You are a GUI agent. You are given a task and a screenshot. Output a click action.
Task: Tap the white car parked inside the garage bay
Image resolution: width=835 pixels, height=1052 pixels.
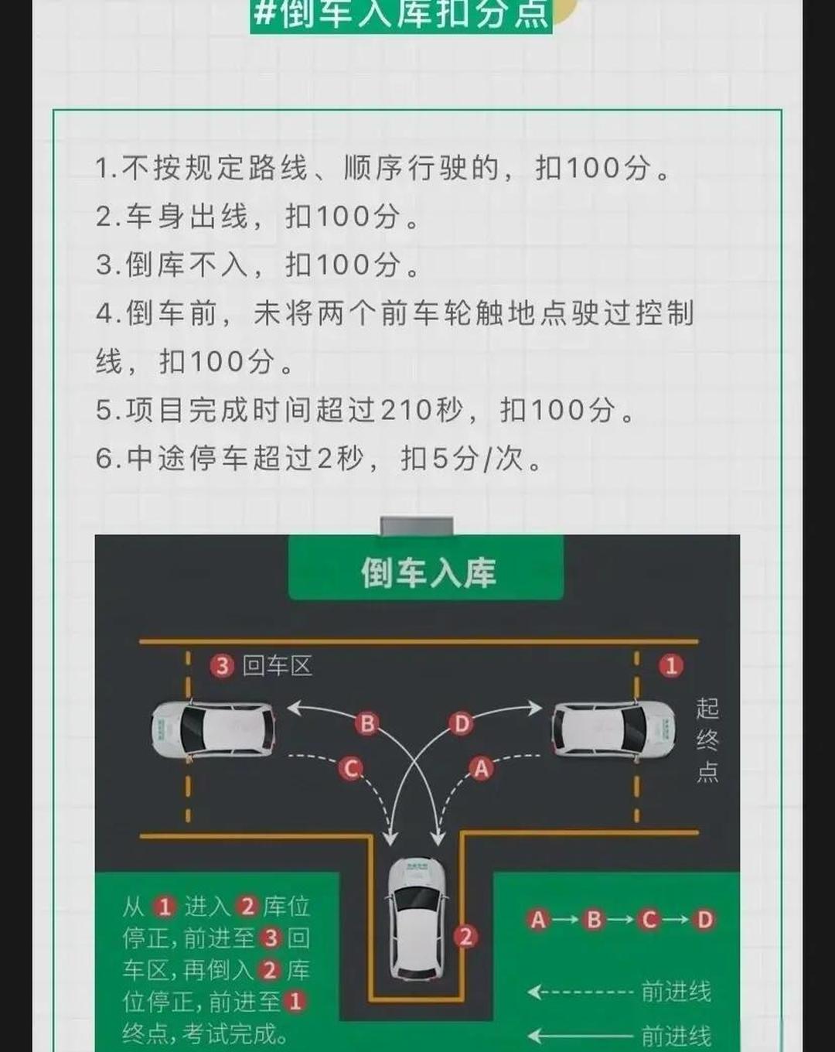[417, 917]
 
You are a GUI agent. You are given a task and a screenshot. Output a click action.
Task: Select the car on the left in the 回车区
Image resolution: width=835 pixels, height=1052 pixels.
[213, 729]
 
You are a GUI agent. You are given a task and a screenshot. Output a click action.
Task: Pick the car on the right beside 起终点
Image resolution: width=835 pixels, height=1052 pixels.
[613, 729]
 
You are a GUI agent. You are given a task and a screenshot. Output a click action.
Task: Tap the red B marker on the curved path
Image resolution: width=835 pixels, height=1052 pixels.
[367, 723]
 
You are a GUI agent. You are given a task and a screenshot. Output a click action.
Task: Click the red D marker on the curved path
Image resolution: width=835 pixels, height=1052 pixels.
[461, 723]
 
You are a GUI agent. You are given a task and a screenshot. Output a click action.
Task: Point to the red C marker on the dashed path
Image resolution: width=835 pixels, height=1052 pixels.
[350, 768]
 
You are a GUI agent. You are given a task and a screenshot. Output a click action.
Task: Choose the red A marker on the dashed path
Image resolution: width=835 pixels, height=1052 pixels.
[481, 768]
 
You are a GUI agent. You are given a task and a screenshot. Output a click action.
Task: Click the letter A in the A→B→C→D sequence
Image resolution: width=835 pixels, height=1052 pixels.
[538, 920]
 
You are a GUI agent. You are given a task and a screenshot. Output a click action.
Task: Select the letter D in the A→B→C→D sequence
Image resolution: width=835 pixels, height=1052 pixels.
[704, 920]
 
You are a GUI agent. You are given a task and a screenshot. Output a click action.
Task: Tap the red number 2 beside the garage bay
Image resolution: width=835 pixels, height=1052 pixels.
[465, 937]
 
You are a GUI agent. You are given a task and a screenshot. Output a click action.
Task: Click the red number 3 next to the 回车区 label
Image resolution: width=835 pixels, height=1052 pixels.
[223, 666]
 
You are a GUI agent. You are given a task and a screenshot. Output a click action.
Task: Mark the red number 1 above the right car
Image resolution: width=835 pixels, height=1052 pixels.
[670, 666]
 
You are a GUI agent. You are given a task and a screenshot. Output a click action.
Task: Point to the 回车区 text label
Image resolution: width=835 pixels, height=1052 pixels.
[277, 666]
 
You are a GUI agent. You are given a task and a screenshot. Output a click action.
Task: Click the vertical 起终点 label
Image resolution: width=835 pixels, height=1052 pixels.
[707, 739]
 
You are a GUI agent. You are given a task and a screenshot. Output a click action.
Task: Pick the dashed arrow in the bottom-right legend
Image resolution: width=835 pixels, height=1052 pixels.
[580, 992]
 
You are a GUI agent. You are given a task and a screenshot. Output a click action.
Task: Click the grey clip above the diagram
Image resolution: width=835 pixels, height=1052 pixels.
[417, 527]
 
